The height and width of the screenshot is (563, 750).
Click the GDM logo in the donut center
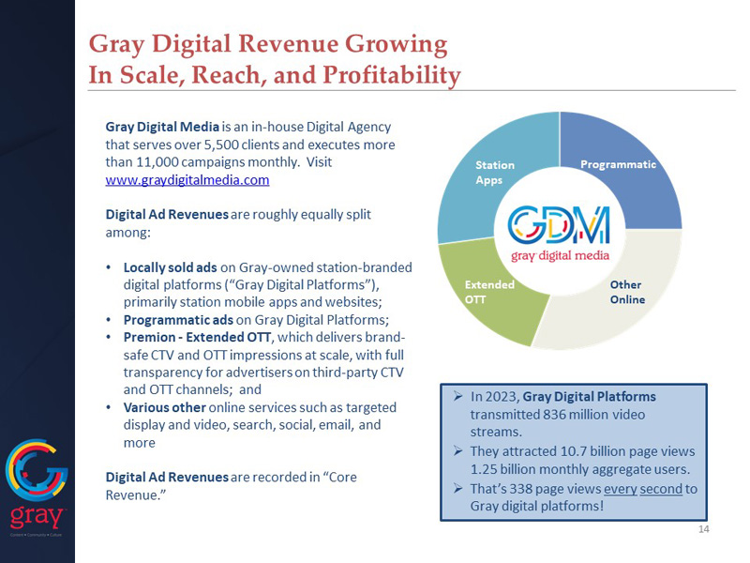tap(559, 230)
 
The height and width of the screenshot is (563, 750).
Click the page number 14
tap(704, 530)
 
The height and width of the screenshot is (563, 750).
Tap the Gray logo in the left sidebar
tap(37, 483)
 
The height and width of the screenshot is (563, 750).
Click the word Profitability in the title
tap(384, 74)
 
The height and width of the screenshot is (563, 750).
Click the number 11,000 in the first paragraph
tap(150, 161)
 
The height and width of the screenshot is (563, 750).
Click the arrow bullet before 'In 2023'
tap(457, 396)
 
